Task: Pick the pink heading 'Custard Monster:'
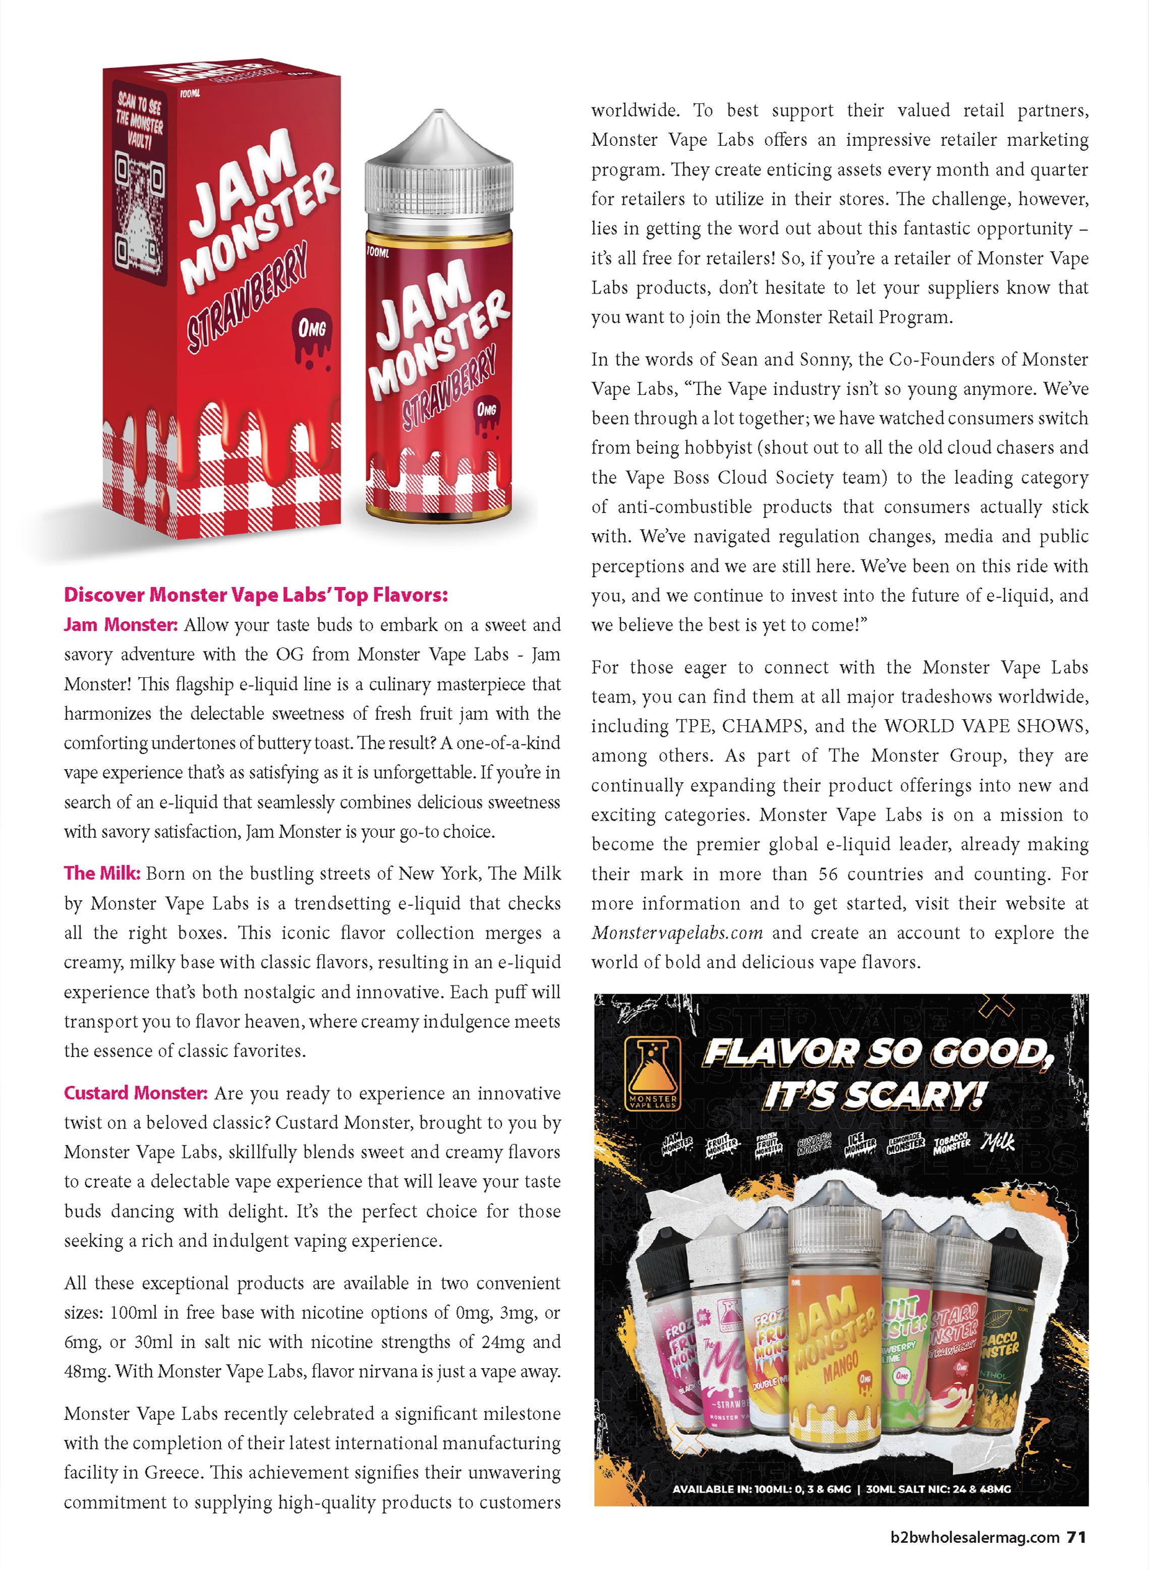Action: (136, 1093)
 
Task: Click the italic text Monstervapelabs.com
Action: (677, 933)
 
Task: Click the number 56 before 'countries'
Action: (828, 874)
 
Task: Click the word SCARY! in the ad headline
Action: (874, 1096)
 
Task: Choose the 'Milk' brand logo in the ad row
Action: (998, 1142)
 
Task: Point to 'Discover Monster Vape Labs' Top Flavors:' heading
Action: (256, 595)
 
